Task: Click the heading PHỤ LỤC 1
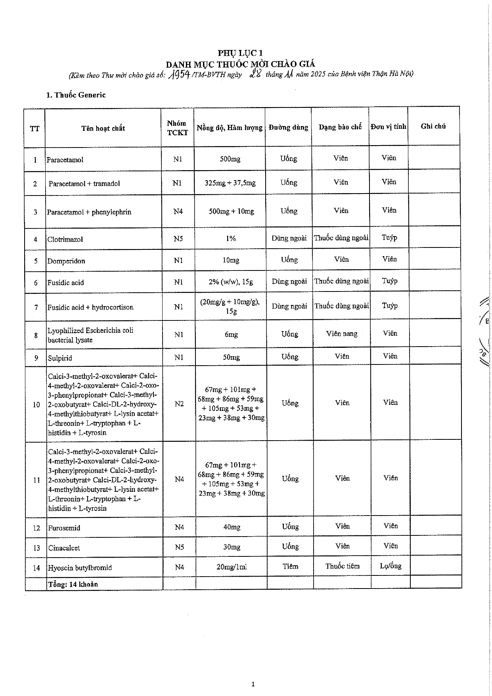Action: (x=240, y=53)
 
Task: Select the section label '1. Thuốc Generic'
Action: (x=76, y=95)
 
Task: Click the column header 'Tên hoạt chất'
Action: (x=103, y=128)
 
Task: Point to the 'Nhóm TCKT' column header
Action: (x=177, y=128)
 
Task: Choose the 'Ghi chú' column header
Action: (x=433, y=126)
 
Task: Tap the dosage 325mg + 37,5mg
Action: (x=230, y=183)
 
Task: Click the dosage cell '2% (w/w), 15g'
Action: (x=231, y=282)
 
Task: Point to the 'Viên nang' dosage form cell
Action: (x=342, y=334)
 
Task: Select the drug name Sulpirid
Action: (x=60, y=358)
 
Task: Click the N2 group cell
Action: (x=179, y=404)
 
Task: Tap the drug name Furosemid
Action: (x=64, y=528)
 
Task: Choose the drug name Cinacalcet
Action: (x=64, y=548)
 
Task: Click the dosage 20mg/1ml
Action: (x=232, y=567)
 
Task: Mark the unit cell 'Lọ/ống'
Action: (x=391, y=566)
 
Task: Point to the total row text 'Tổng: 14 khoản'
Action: (x=73, y=584)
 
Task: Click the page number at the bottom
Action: (x=253, y=684)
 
